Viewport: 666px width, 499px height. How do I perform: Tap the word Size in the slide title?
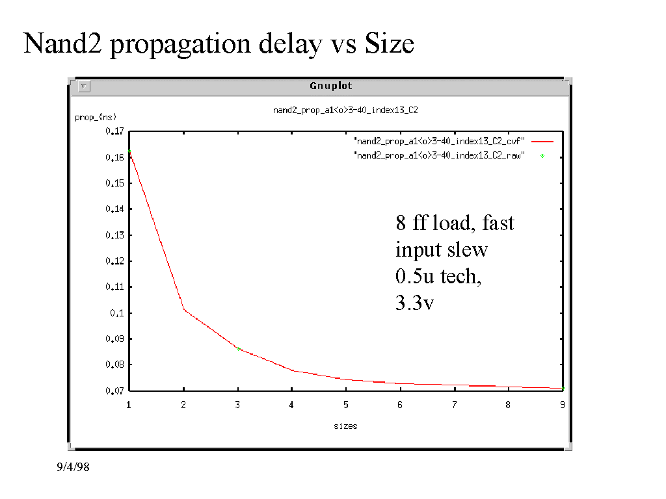tap(389, 44)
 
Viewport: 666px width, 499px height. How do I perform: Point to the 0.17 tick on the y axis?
tap(114, 131)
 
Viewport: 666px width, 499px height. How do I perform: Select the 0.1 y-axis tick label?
tap(116, 313)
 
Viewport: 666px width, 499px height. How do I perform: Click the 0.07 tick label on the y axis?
tap(114, 390)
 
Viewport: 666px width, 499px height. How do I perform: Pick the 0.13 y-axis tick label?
tap(114, 235)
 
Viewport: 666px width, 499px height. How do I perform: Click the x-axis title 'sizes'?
tap(345, 426)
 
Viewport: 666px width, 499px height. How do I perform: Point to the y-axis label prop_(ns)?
tap(96, 118)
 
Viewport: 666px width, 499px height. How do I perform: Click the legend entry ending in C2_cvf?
tap(439, 140)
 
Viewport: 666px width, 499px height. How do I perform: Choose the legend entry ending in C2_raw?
tap(439, 156)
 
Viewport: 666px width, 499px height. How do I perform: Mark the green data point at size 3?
tap(239, 349)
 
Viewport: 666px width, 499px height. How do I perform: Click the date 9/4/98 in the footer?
tap(72, 467)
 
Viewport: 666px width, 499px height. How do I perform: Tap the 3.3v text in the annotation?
tap(414, 302)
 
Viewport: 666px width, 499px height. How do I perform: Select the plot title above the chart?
tap(345, 110)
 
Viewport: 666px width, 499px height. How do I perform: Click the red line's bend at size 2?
tap(184, 309)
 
